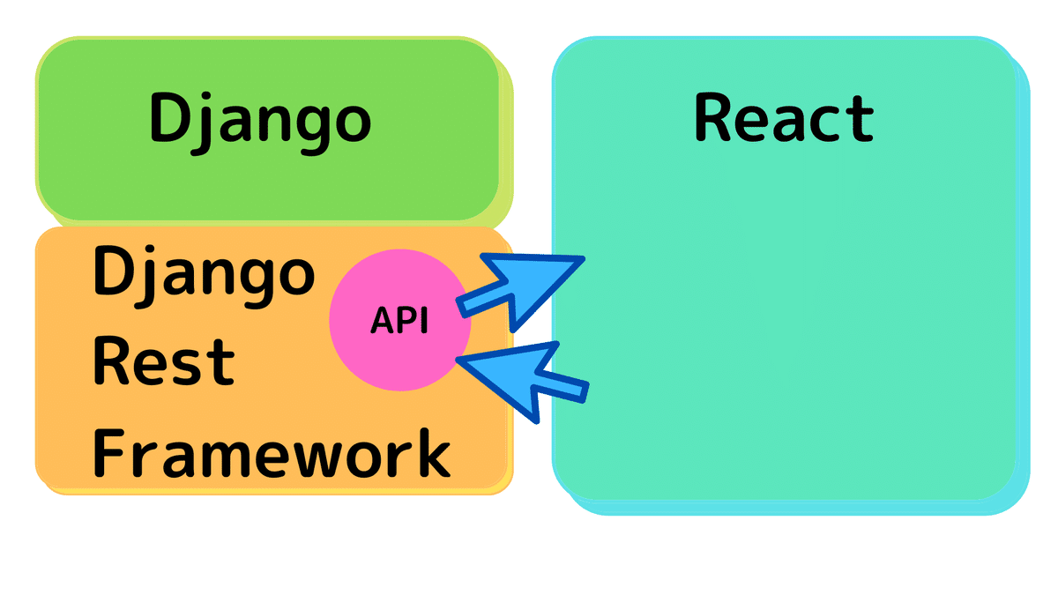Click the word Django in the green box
click(260, 123)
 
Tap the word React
click(784, 117)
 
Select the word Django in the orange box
click(204, 276)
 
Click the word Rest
click(164, 361)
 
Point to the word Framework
click(272, 452)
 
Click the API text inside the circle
click(399, 321)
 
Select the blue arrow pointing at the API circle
click(522, 382)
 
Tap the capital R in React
click(714, 117)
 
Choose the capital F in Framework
click(109, 452)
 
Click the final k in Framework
click(433, 452)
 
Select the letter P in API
click(409, 321)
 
